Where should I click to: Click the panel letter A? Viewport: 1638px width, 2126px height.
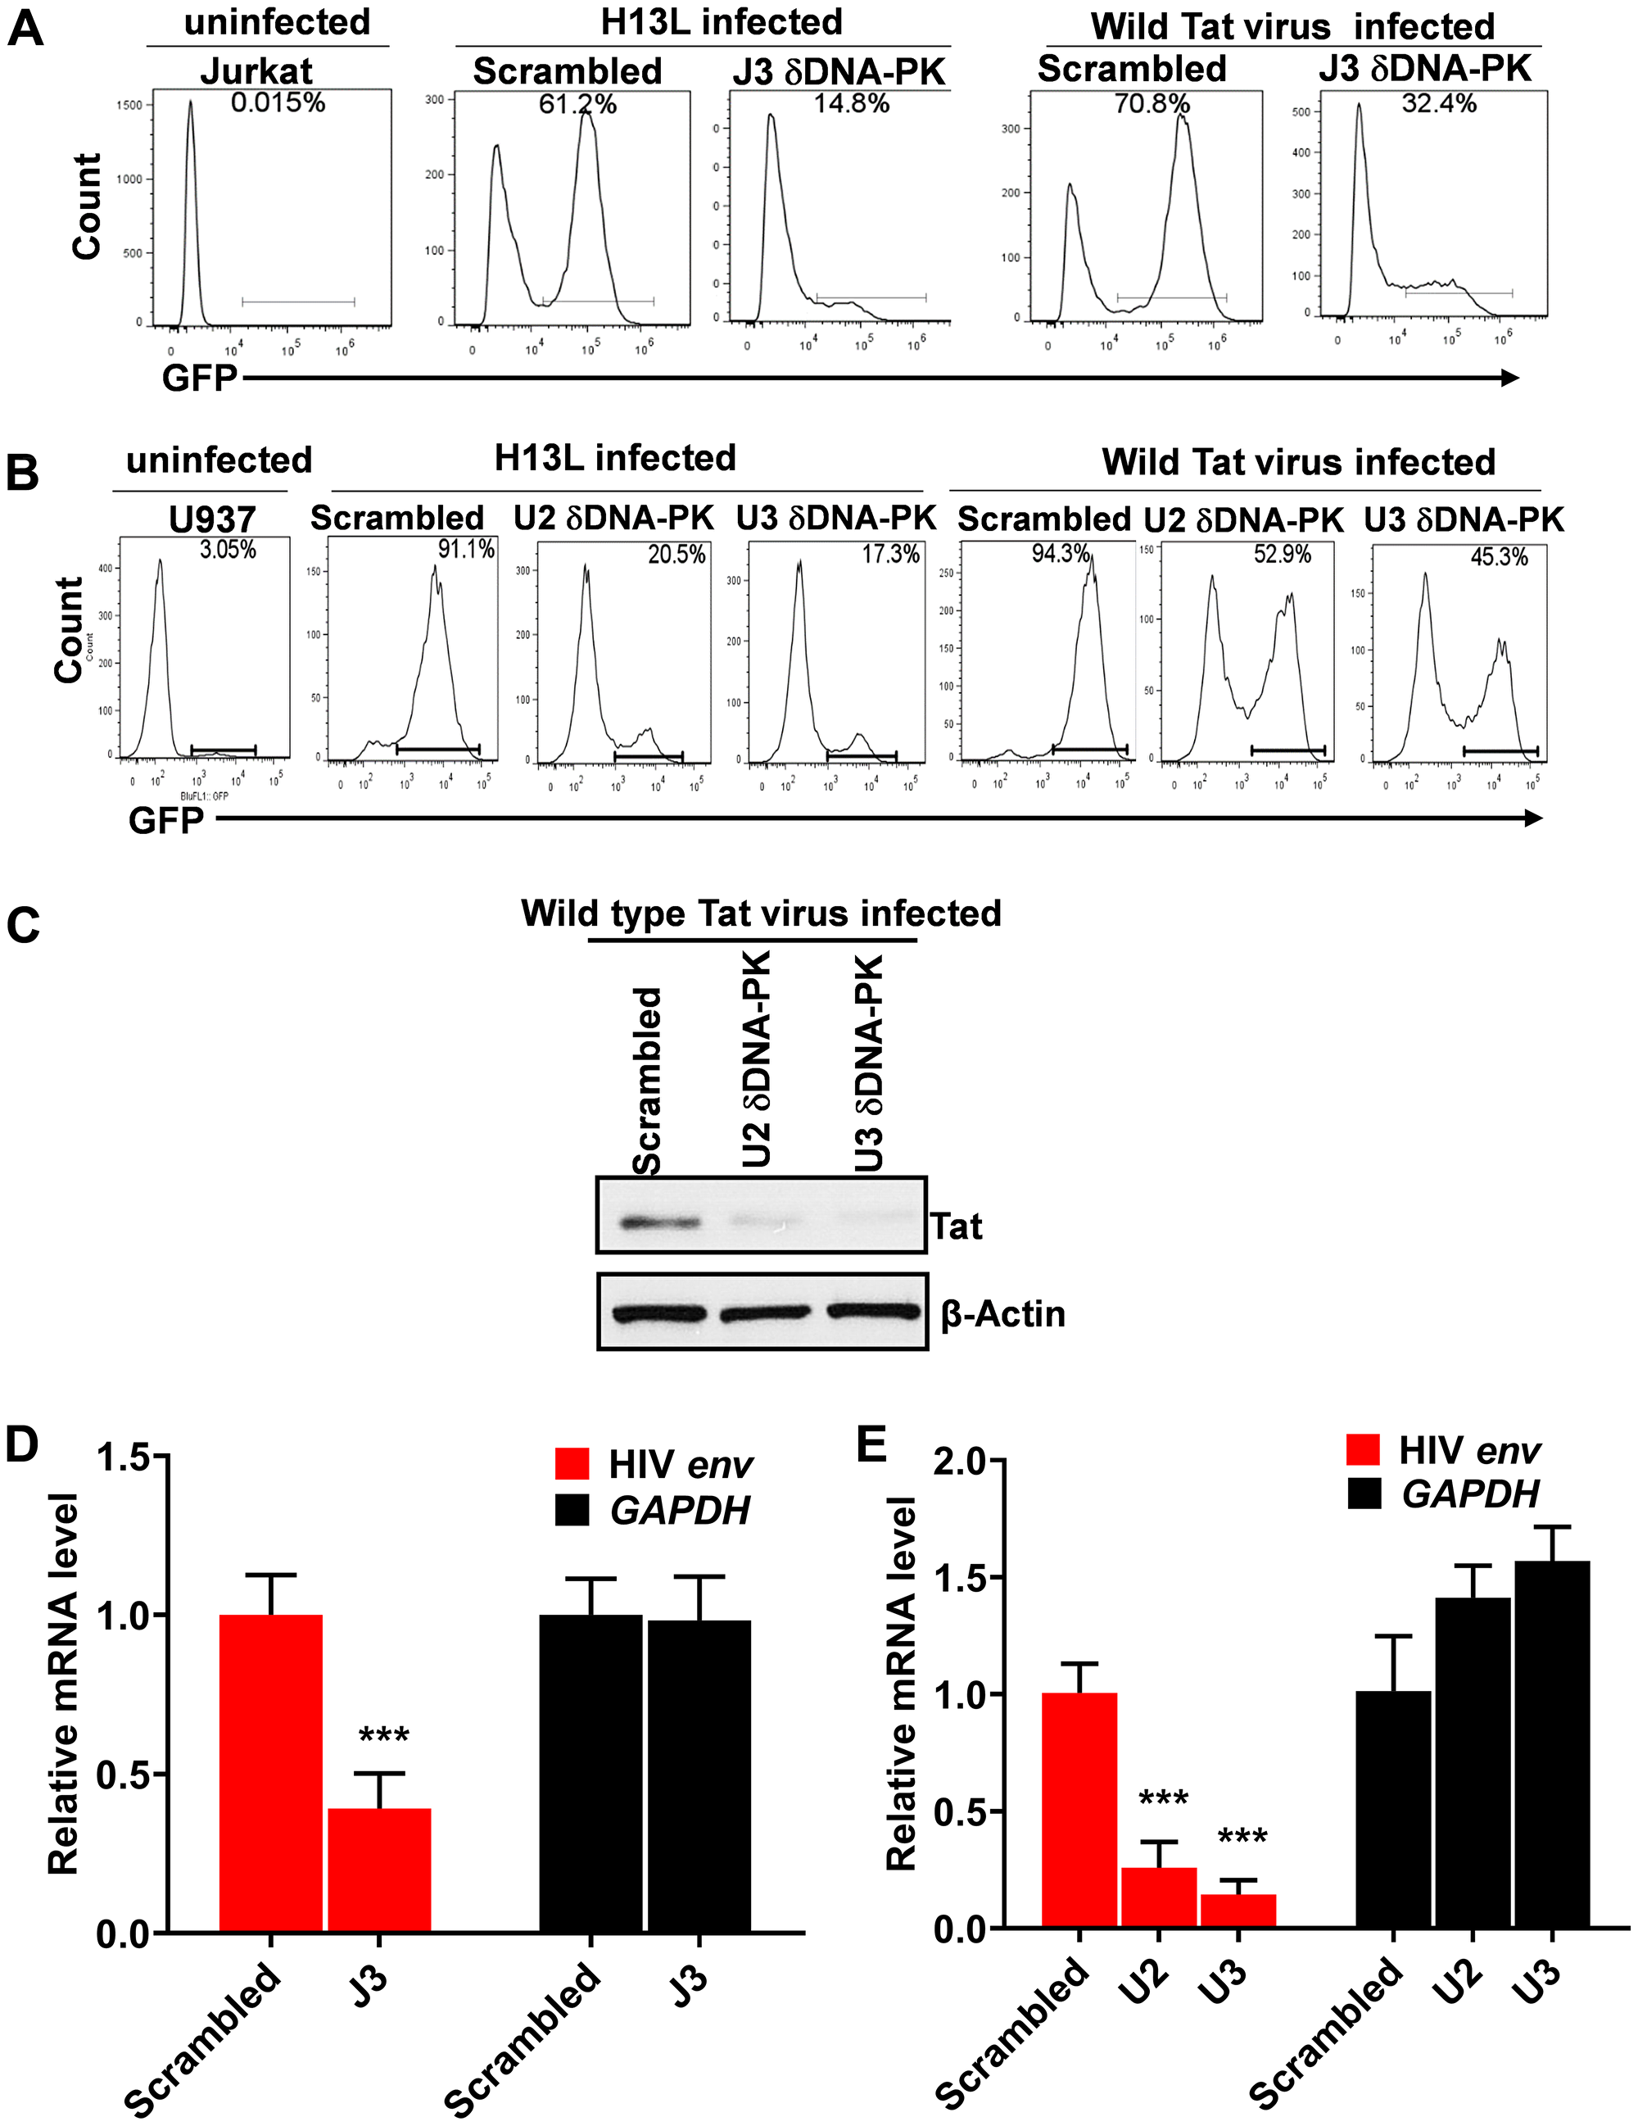25,29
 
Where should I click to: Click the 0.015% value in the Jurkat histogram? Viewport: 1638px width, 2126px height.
278,102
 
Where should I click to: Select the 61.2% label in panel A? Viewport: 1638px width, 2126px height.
577,104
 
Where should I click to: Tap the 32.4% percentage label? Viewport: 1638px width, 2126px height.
1438,103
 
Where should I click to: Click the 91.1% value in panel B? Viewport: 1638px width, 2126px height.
466,549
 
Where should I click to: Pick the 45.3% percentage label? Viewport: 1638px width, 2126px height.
1499,557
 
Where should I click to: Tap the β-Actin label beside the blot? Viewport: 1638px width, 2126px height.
1002,1314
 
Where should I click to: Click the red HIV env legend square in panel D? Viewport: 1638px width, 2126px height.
572,1464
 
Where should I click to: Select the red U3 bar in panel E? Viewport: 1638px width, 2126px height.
1238,1910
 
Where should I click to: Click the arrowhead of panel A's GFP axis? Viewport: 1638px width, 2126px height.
1510,378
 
